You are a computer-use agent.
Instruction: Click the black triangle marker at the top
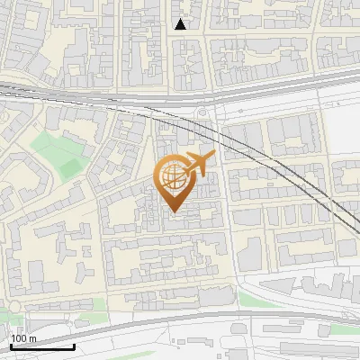[x=181, y=24]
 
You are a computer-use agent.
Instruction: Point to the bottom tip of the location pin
[x=173, y=211]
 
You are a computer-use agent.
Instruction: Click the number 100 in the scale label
[x=20, y=338]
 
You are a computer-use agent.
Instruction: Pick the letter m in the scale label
[x=32, y=338]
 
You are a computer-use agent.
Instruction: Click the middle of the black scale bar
[x=42, y=346]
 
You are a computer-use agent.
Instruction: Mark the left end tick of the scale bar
[x=12, y=345]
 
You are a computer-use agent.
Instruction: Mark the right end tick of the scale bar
[x=73, y=345]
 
